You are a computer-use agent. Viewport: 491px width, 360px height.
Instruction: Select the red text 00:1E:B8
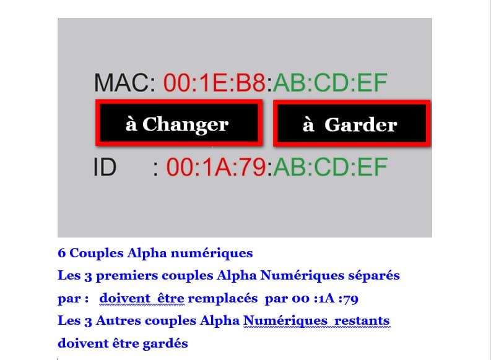(x=214, y=82)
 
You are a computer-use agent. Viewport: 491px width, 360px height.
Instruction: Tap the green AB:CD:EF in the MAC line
(x=331, y=82)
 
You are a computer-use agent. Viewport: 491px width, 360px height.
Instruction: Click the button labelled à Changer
(x=179, y=123)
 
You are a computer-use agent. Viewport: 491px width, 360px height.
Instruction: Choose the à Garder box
(x=352, y=123)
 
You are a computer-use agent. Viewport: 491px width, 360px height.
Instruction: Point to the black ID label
(x=105, y=168)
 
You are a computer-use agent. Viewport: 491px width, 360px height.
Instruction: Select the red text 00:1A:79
(x=216, y=168)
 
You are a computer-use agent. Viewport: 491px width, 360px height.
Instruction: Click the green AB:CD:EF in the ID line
(x=331, y=168)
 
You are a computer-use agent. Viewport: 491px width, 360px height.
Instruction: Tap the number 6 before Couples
(x=62, y=253)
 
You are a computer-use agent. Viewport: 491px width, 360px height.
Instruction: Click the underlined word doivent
(x=124, y=298)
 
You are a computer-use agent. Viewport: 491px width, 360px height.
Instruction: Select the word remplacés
(x=223, y=298)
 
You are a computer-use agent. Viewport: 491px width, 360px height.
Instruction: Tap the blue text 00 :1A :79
(x=325, y=299)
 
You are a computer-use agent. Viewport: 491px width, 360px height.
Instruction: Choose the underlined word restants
(x=362, y=321)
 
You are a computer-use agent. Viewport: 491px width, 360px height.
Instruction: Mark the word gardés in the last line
(x=165, y=343)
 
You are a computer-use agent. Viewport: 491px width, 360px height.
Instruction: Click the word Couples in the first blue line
(x=97, y=253)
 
